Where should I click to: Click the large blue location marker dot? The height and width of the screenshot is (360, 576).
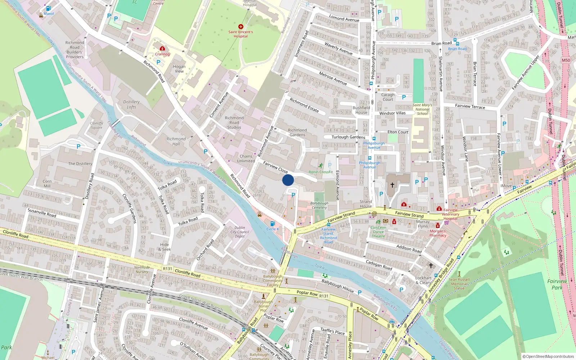[288, 180]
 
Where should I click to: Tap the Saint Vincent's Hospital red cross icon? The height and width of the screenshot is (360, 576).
[241, 27]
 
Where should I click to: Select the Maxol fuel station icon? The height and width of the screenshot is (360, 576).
[48, 8]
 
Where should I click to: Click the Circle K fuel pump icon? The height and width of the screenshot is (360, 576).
[273, 224]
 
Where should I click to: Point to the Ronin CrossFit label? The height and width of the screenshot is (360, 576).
[320, 172]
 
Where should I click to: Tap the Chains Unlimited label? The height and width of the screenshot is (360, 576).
[246, 159]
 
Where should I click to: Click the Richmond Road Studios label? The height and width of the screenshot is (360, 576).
[234, 123]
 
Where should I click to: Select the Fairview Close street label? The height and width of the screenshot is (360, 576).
[275, 167]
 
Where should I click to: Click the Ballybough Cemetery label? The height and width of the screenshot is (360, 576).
[319, 205]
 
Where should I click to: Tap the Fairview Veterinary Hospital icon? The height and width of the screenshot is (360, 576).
[439, 208]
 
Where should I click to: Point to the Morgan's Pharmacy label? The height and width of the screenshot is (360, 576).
[438, 233]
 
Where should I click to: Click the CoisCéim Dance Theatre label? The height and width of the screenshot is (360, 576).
[378, 232]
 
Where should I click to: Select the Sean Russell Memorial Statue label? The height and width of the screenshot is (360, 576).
[459, 284]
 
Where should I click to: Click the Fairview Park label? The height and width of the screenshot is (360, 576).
[557, 284]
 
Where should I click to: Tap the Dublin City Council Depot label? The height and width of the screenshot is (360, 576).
[240, 232]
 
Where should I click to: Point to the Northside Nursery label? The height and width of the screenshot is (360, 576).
[142, 270]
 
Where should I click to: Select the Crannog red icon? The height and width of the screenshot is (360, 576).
[162, 48]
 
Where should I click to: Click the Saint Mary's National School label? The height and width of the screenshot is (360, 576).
[422, 109]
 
